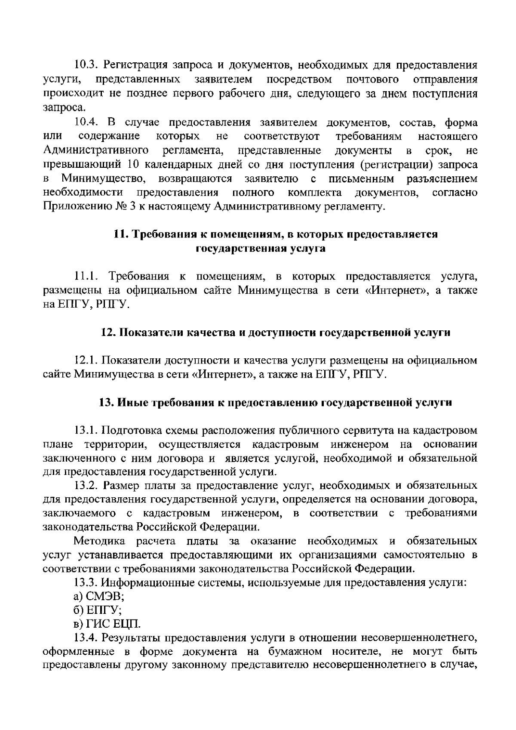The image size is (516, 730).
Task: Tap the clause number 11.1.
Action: pos(88,276)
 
